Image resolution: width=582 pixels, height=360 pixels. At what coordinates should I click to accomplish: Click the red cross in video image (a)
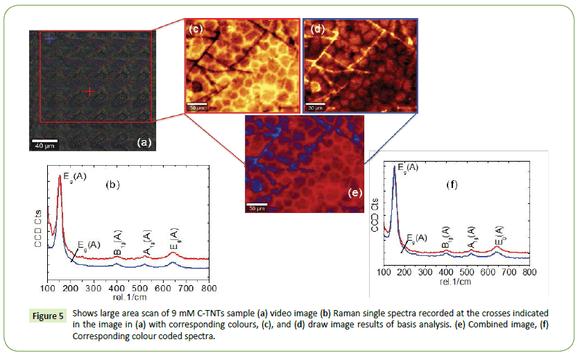coord(89,91)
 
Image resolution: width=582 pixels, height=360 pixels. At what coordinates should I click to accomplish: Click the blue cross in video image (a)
coord(49,39)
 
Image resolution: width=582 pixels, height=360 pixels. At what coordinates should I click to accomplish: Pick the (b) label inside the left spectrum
coord(114,185)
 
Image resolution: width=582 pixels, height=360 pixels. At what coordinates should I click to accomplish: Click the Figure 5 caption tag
coord(51,316)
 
